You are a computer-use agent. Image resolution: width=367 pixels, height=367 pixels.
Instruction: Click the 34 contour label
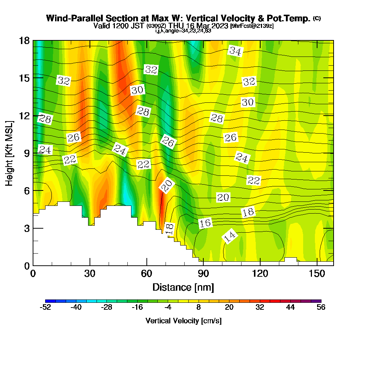point(235,51)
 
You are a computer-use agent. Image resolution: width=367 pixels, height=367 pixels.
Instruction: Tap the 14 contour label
point(230,237)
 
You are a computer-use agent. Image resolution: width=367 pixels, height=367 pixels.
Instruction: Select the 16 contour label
point(206,223)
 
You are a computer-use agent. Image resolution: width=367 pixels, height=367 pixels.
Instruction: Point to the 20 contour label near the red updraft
point(167,186)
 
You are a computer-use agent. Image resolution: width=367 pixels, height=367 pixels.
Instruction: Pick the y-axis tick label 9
point(26,153)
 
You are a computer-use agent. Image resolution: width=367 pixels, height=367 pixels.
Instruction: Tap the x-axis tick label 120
point(260,274)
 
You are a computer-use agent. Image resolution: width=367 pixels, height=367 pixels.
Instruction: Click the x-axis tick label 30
point(90,274)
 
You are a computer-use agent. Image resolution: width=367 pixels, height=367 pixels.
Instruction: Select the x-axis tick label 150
point(316,274)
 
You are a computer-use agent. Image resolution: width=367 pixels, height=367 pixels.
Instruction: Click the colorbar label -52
point(45,308)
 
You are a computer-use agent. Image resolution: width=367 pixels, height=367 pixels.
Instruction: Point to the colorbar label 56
point(321,308)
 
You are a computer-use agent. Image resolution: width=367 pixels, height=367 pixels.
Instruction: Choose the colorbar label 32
point(260,308)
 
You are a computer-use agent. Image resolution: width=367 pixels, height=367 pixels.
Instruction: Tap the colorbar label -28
point(106,308)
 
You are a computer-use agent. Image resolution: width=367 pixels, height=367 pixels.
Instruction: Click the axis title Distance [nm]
point(183,287)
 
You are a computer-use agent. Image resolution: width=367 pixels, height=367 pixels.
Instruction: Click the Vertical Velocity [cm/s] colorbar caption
point(183,321)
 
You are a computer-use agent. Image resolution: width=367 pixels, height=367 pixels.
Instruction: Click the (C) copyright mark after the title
point(317,18)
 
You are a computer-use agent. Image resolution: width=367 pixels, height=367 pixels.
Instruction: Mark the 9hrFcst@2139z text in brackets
point(252,26)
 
